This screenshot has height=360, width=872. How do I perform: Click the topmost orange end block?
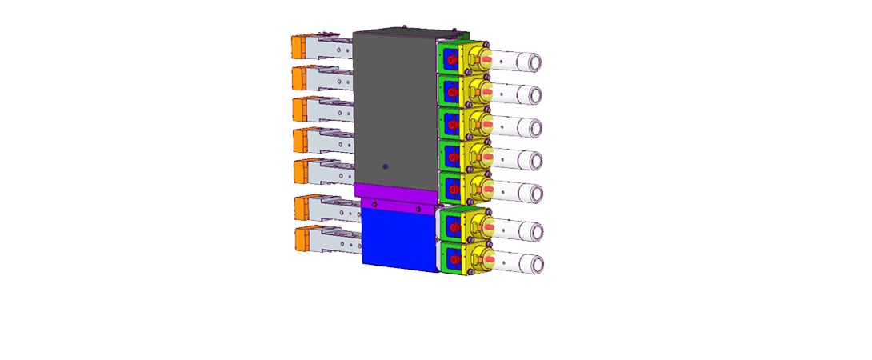[x=301, y=46]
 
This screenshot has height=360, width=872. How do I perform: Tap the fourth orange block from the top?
[x=302, y=140]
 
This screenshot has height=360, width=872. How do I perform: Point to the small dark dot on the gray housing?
[x=385, y=166]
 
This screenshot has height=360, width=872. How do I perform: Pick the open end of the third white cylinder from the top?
[x=535, y=128]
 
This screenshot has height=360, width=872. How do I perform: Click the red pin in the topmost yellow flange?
[x=482, y=58]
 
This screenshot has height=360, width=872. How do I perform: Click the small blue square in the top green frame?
[x=450, y=58]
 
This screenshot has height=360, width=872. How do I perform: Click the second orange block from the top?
[x=302, y=78]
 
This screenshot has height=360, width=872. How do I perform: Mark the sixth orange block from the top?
[x=303, y=207]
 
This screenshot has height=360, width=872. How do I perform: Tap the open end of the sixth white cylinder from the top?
[x=535, y=230]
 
